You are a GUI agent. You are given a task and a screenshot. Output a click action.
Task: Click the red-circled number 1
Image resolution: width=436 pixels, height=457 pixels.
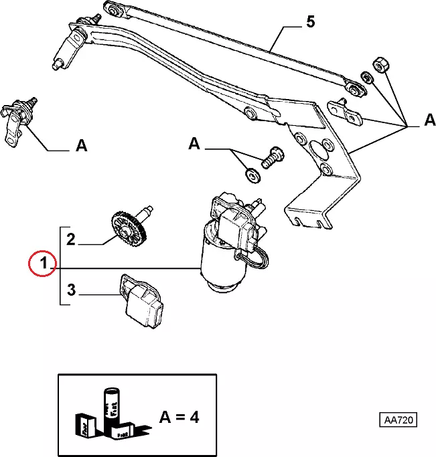42,264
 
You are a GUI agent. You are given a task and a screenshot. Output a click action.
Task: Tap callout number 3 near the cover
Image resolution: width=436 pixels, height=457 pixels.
72,291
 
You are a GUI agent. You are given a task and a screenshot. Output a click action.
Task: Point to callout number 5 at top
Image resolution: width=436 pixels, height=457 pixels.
309,22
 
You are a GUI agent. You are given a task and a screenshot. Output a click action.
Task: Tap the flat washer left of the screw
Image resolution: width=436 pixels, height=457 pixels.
251,175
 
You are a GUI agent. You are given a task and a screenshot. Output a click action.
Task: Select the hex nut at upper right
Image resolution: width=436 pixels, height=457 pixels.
378,63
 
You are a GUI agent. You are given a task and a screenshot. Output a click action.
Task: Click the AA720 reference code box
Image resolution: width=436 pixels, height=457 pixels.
398,421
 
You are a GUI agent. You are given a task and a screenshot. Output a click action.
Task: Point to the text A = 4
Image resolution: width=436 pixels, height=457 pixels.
179,417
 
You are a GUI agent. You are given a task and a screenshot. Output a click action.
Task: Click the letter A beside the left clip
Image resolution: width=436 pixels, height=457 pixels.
81,145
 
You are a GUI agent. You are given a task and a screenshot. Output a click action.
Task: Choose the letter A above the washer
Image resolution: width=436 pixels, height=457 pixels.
194,144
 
